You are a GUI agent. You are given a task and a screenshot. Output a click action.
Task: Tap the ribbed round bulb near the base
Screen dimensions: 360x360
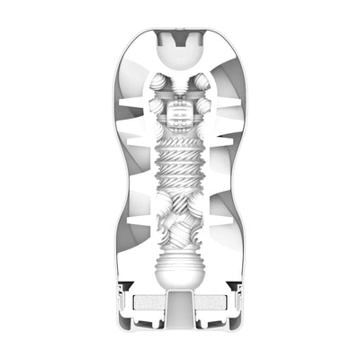click(181, 270)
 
